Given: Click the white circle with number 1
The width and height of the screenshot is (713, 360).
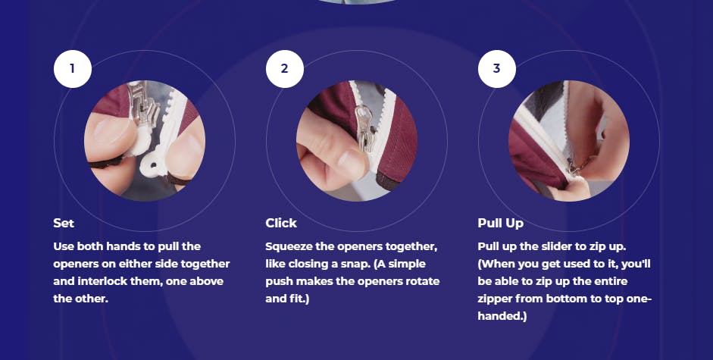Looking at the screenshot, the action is coord(73,69).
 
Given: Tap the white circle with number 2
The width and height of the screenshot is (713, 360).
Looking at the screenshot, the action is coord(285,69).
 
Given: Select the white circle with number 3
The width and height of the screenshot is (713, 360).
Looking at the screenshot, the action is coord(497,69).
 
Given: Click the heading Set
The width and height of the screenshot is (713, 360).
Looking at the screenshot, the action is coord(64,223).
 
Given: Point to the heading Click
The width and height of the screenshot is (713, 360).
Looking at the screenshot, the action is coord(281,223).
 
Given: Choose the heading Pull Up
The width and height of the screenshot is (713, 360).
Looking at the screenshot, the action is coord(501,223).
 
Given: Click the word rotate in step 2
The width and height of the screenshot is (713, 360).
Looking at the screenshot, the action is coord(423,281).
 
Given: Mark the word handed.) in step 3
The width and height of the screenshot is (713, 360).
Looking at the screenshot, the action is coord(502,316).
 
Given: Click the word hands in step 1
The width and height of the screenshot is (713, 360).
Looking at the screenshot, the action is coord(123,246).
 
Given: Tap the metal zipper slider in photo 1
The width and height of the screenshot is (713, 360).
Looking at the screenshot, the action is coord(142,107).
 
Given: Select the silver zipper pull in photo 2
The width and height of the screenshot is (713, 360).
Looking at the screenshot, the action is coord(364,127).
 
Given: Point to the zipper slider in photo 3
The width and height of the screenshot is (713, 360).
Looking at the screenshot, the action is coord(574,167).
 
